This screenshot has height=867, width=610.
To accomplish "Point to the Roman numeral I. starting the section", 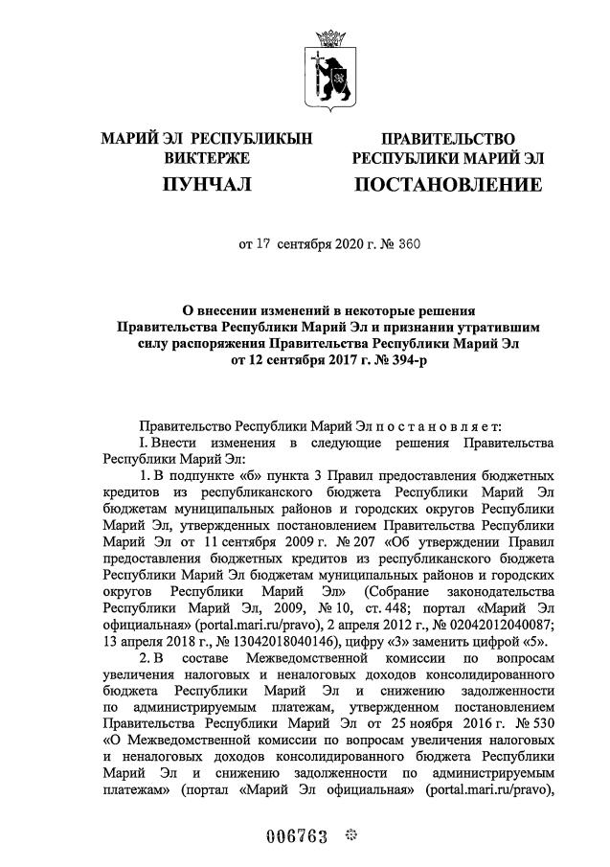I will tap(143, 443).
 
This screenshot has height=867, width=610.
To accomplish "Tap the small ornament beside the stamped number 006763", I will tap(350, 834).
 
